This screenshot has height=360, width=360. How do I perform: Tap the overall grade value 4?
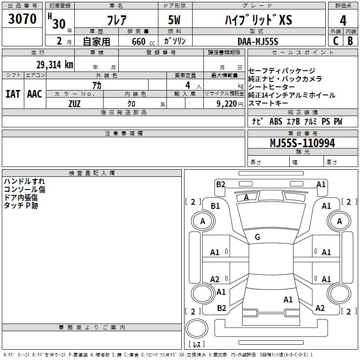pyautogui.click(x=343, y=20)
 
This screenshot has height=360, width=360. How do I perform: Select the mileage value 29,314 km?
pyautogui.click(x=52, y=65)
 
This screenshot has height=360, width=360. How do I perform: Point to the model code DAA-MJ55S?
pyautogui.click(x=258, y=41)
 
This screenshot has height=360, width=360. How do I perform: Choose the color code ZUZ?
pyautogui.click(x=74, y=103)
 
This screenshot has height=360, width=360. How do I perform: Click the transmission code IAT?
pyautogui.click(x=13, y=94)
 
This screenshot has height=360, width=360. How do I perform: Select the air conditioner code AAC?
pyautogui.click(x=35, y=94)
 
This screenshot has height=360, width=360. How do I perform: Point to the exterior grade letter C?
pyautogui.click(x=335, y=41)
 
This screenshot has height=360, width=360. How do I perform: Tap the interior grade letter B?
pyautogui.click(x=350, y=41)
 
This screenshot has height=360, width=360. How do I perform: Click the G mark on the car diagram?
pyautogui.click(x=257, y=237)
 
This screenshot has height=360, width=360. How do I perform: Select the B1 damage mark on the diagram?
pyautogui.click(x=216, y=206)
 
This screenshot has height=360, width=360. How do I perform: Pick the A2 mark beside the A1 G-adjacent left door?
pyautogui.click(x=215, y=279)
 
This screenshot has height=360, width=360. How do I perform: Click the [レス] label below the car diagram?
pyautogui.click(x=196, y=344)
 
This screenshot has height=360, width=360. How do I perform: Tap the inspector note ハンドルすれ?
pyautogui.click(x=24, y=181)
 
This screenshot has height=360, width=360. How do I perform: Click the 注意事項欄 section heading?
pyautogui.click(x=123, y=134)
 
